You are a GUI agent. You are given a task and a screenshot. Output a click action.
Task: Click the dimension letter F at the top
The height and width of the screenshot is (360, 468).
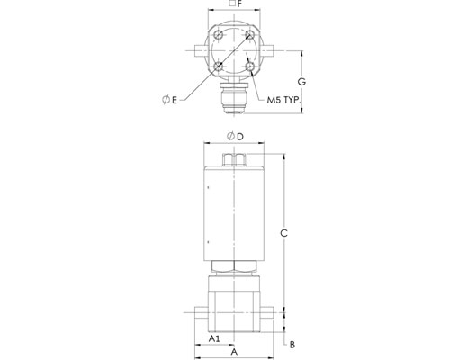[x=239, y=4]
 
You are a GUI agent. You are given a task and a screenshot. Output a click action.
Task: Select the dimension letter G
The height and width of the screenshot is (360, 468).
[x=301, y=82]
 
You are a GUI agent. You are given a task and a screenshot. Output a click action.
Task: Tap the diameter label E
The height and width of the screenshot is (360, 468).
[x=169, y=100]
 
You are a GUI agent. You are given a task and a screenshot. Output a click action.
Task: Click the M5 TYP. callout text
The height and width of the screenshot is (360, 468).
[x=283, y=100]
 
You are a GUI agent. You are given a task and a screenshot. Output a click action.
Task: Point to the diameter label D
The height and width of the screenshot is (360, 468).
[x=235, y=137]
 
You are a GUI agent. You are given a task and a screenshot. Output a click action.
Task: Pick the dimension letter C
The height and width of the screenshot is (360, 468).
[x=283, y=233]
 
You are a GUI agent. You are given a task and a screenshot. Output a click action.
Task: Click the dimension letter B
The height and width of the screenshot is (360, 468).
[x=292, y=345]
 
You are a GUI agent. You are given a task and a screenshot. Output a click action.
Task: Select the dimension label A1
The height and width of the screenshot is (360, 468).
[x=214, y=338]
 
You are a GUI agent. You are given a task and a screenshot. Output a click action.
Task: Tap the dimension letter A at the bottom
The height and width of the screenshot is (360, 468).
[x=234, y=352]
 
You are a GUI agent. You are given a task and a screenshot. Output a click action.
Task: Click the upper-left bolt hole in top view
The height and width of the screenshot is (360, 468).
[x=219, y=35]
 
